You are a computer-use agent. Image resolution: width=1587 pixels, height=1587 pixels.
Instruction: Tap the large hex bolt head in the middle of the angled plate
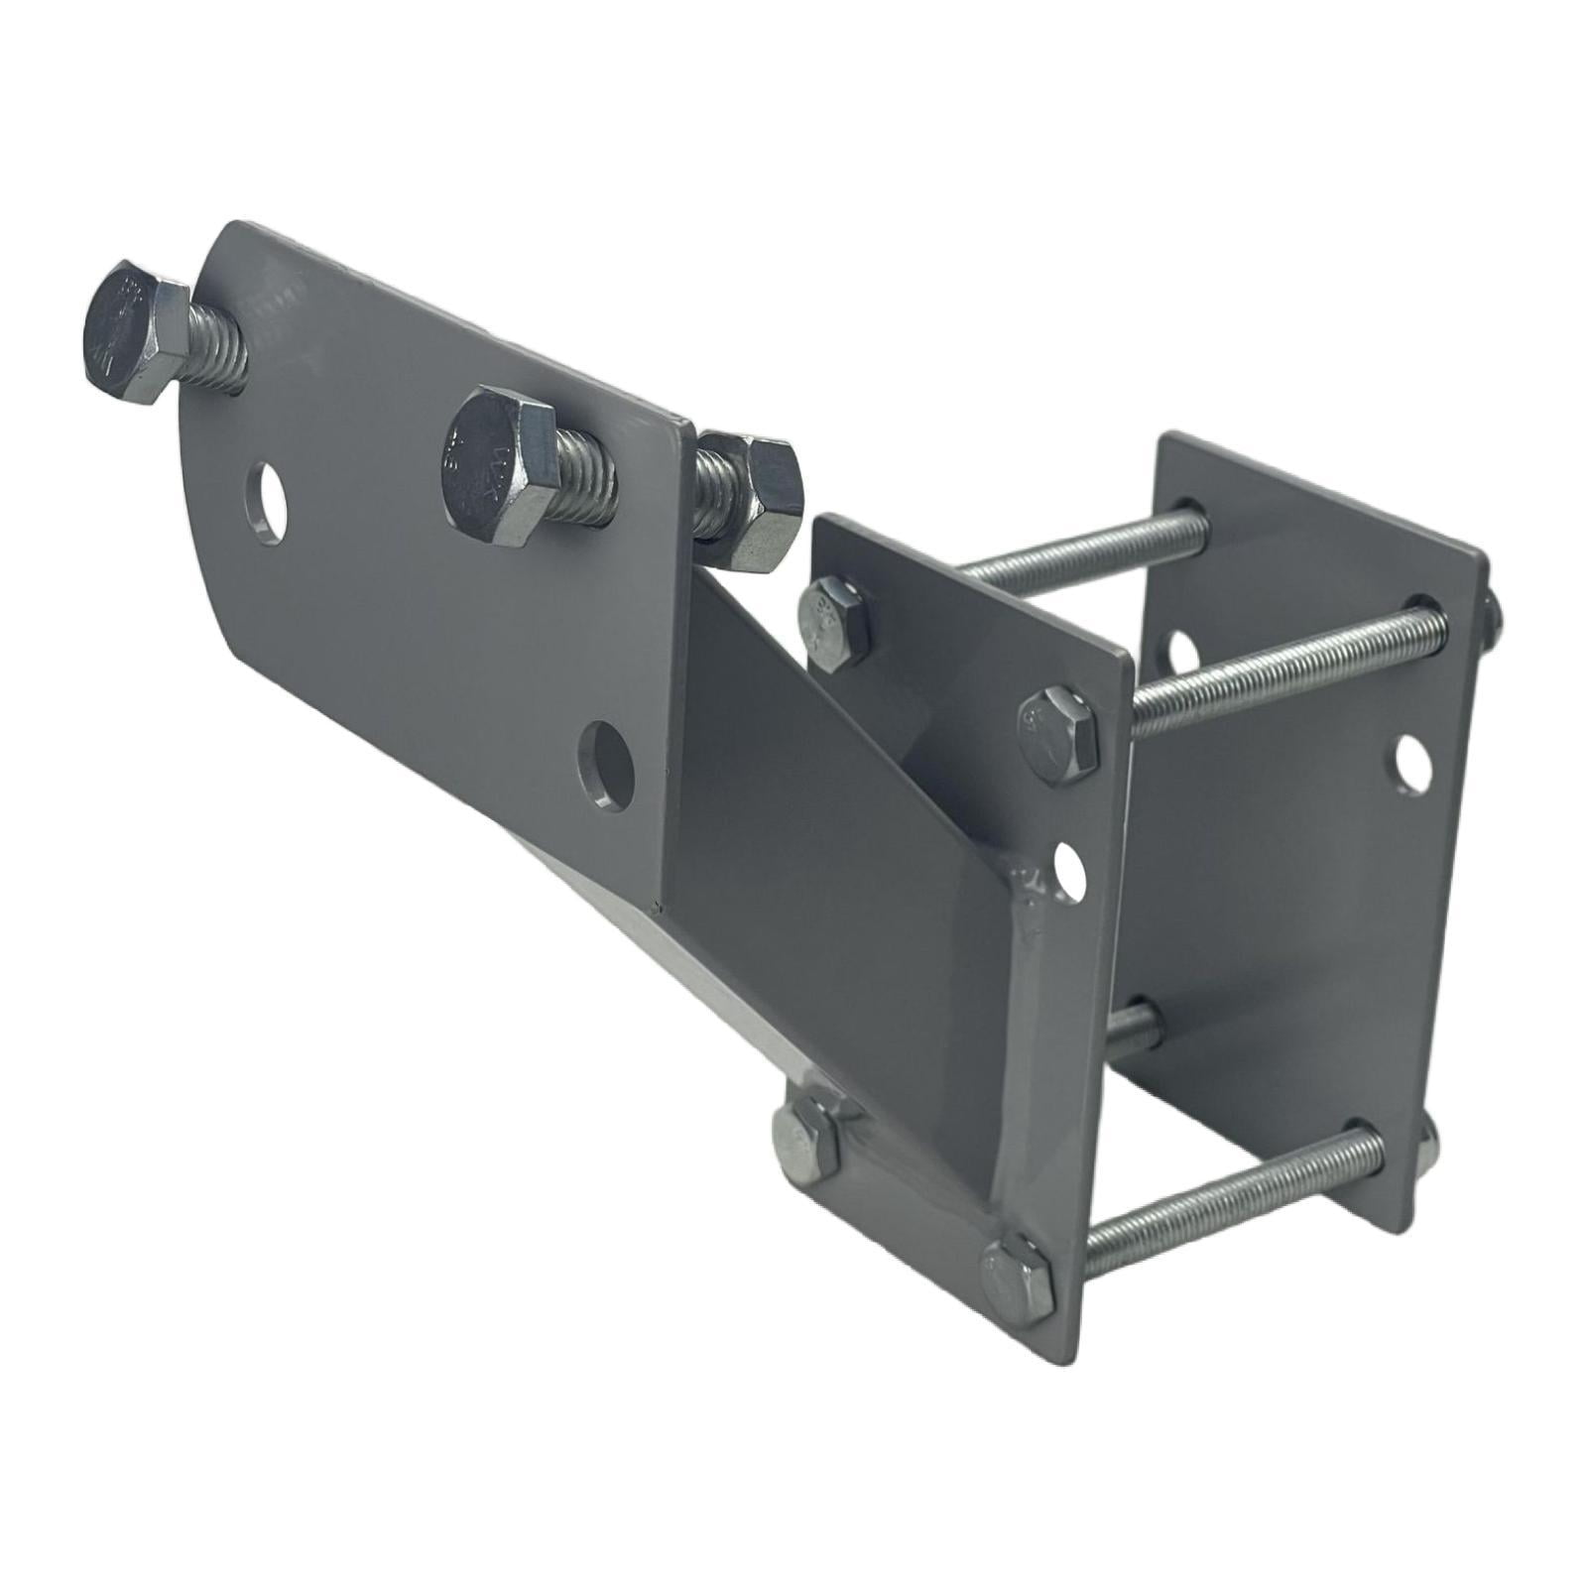tap(488, 457)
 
